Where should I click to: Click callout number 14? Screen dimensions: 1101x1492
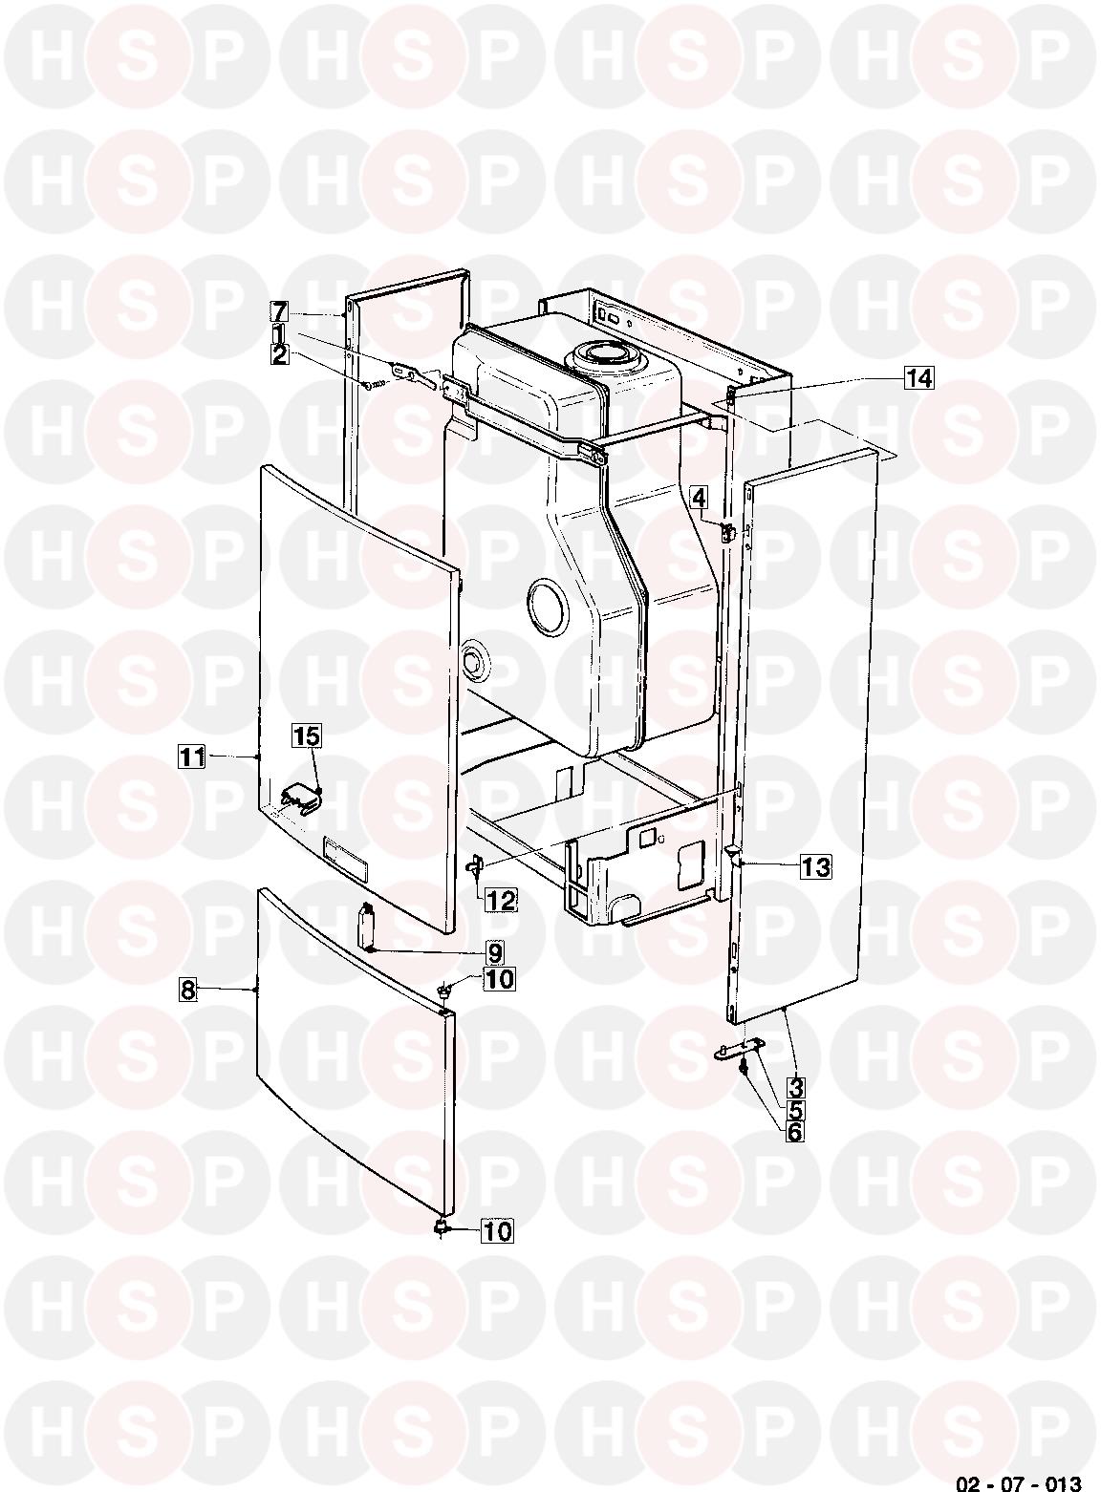point(919,378)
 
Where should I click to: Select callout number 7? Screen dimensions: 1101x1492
point(279,311)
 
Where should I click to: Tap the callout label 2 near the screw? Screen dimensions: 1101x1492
point(279,354)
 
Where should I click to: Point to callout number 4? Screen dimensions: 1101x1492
point(699,498)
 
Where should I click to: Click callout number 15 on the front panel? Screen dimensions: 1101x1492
point(307,736)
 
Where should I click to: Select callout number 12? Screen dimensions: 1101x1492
point(501,901)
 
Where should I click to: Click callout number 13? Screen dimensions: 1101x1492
point(816,867)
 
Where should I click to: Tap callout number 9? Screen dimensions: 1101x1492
point(494,954)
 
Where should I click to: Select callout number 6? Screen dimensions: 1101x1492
point(795,1131)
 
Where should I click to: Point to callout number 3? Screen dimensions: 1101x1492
point(795,1088)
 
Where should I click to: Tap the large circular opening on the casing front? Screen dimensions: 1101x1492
point(548,607)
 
